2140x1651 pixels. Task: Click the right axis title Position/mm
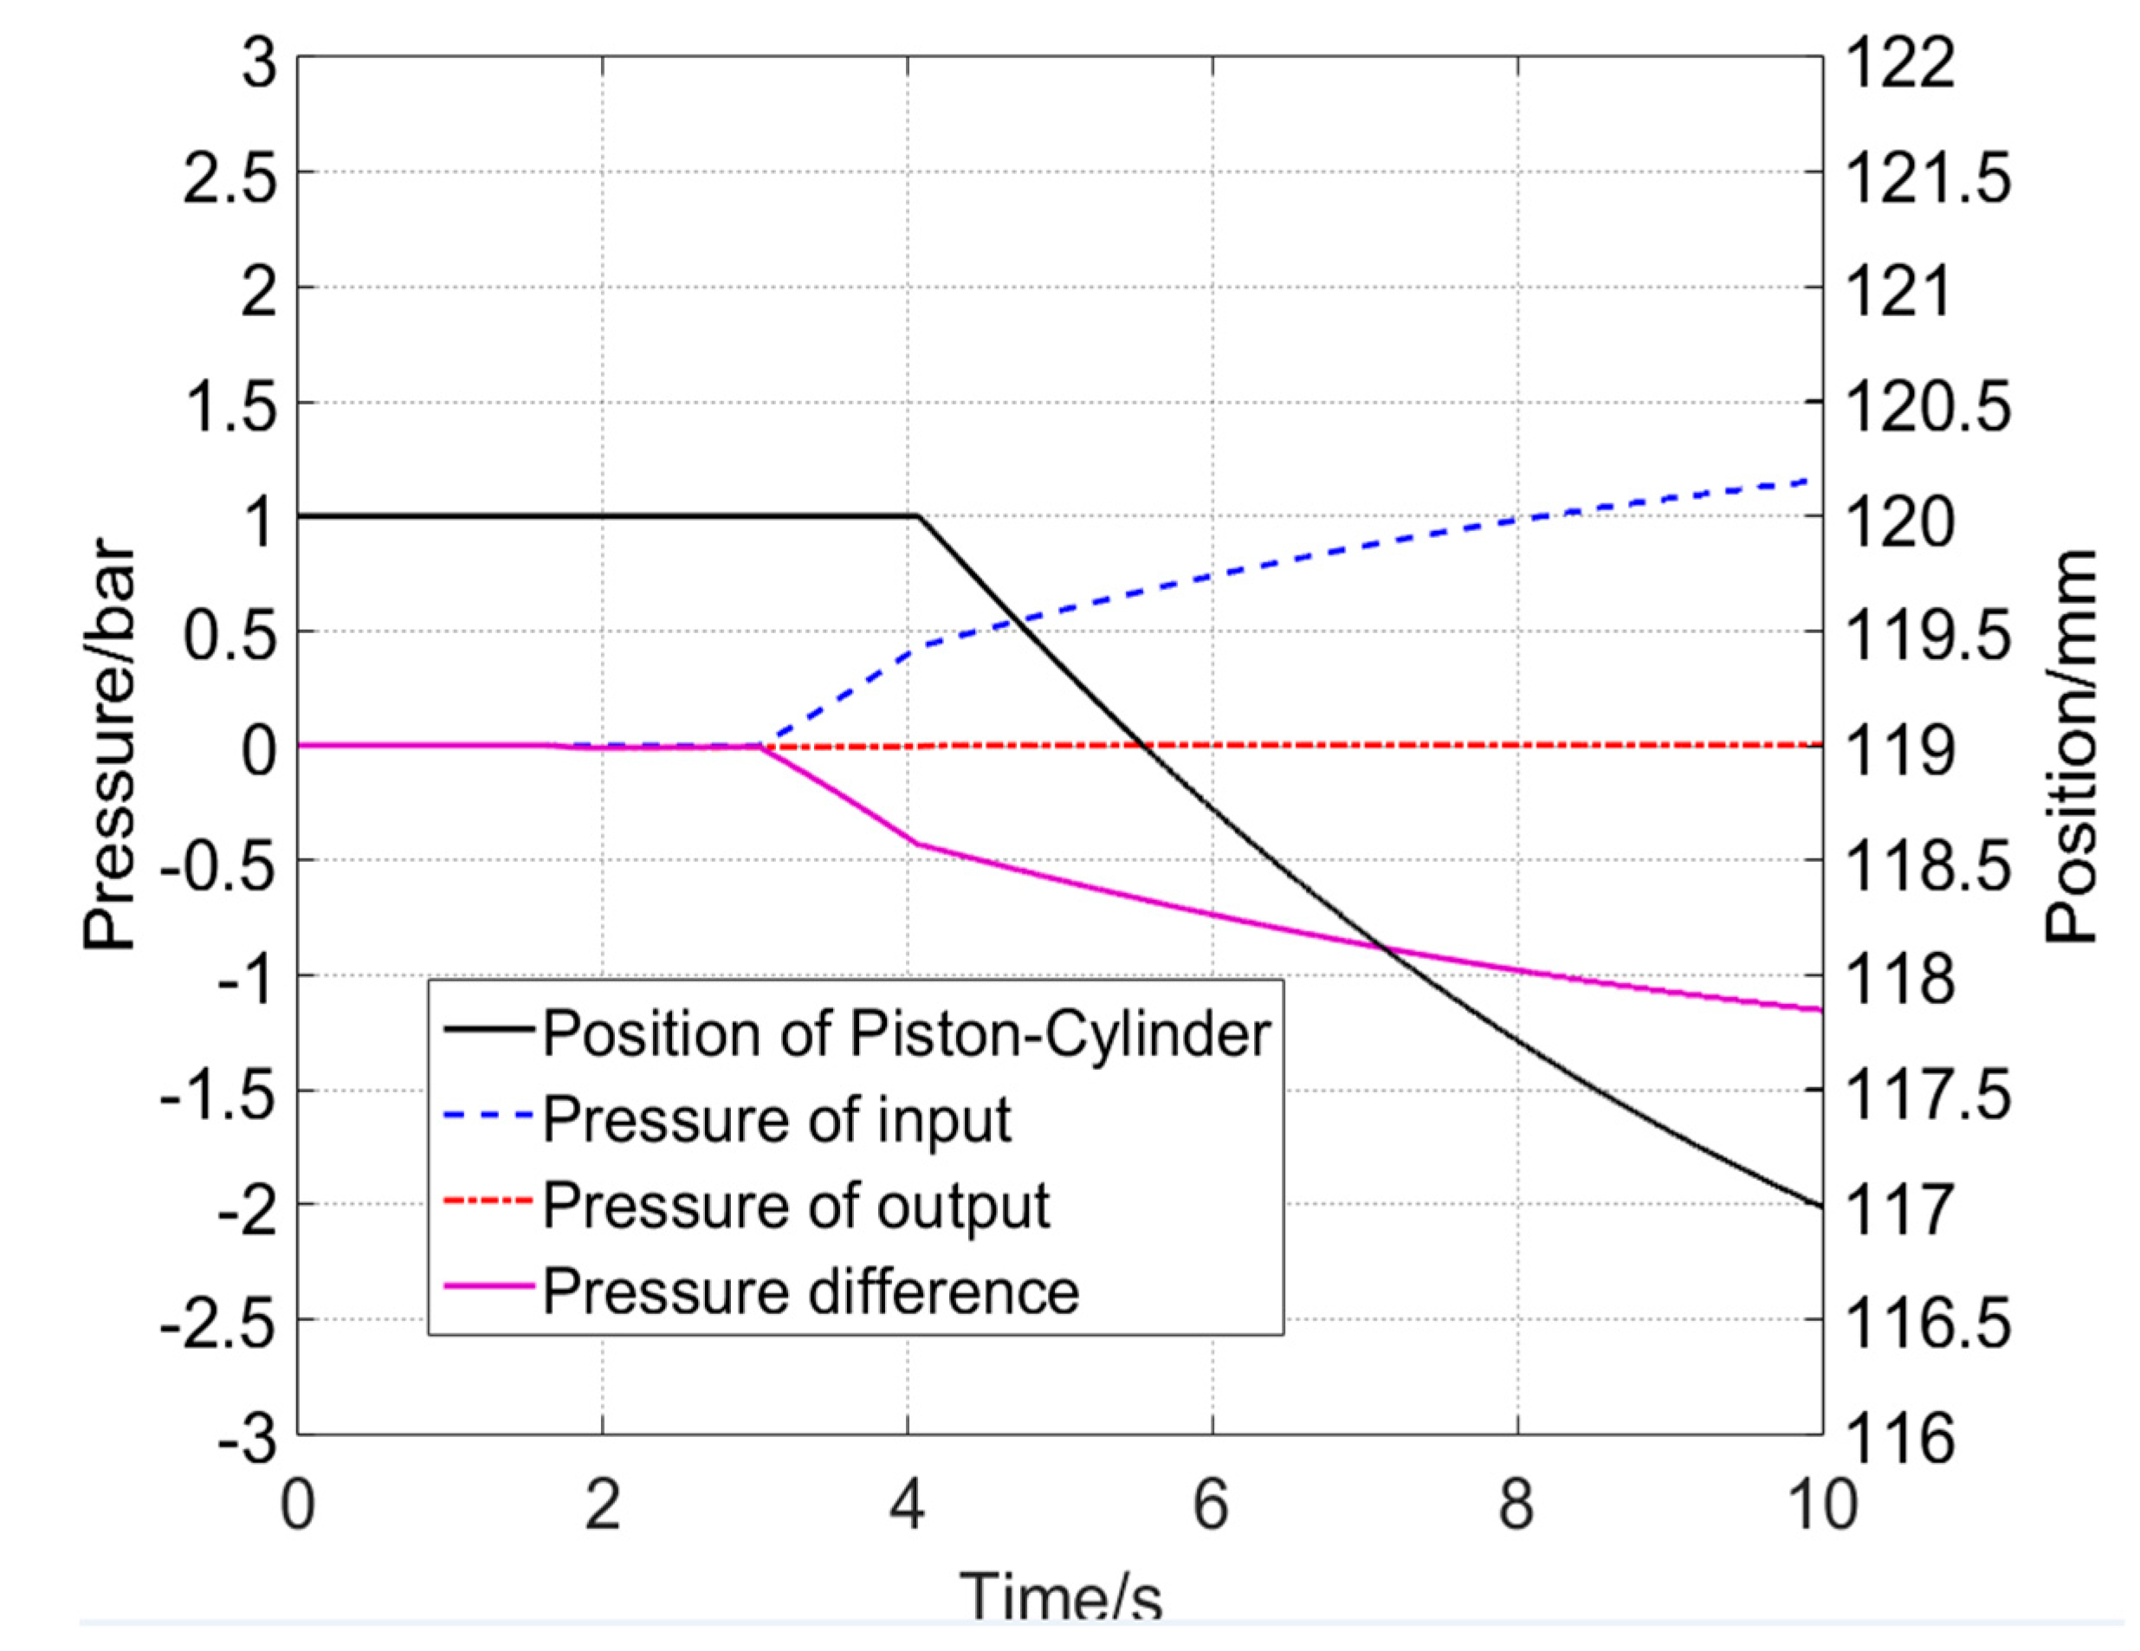tap(2072, 746)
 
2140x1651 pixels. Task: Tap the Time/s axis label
tap(1060, 1597)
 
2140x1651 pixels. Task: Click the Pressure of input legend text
tap(776, 1119)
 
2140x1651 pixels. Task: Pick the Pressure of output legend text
tap(796, 1205)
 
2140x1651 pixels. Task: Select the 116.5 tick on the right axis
tap(1927, 1321)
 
